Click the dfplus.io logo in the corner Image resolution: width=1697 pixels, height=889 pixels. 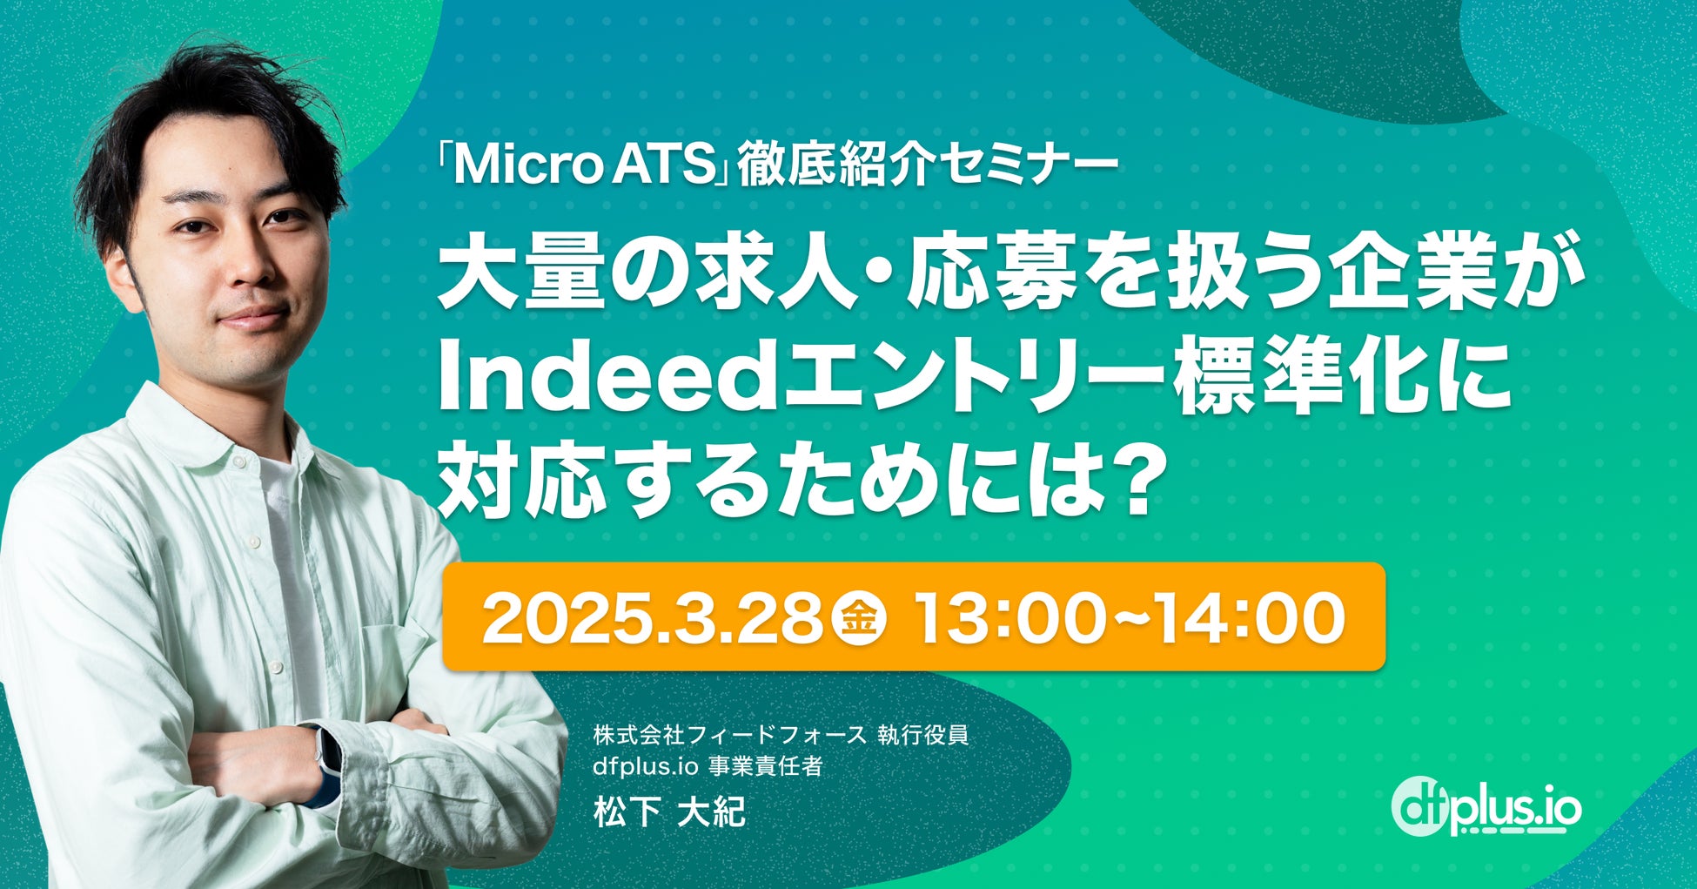click(1486, 806)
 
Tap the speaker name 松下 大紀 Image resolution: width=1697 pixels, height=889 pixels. click(669, 813)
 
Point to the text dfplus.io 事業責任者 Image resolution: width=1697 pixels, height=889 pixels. click(708, 767)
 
